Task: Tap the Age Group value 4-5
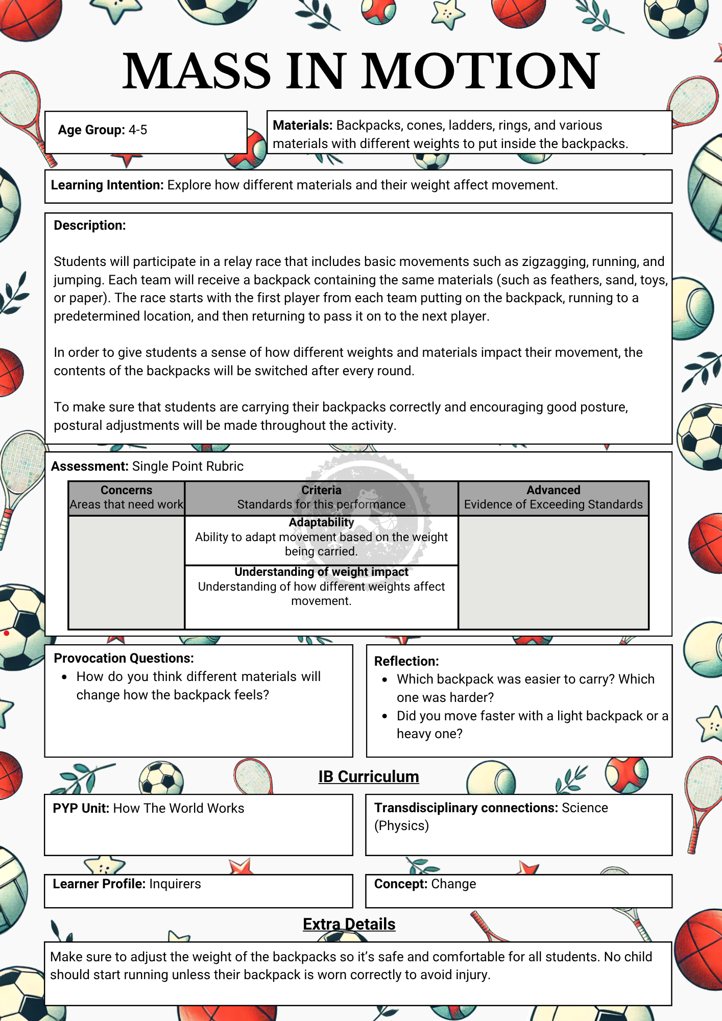point(138,130)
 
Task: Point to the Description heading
point(90,226)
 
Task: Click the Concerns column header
point(127,490)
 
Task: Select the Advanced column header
point(553,490)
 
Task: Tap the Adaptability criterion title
point(321,522)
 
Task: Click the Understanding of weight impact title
point(321,572)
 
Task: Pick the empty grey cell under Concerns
point(127,572)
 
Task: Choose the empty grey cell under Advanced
point(553,572)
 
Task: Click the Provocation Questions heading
point(124,659)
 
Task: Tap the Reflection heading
point(406,662)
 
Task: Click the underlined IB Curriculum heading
point(369,776)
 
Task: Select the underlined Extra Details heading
point(349,924)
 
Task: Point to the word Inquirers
point(175,884)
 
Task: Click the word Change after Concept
point(453,884)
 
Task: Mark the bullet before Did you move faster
point(385,716)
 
